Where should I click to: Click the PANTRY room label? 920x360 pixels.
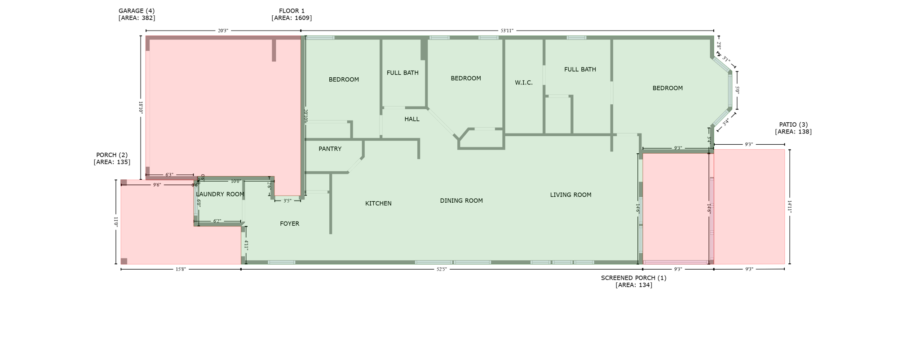(x=330, y=149)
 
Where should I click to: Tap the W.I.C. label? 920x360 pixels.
(x=524, y=83)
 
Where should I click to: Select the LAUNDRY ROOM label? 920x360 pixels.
(x=220, y=194)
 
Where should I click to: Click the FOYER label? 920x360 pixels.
(x=289, y=223)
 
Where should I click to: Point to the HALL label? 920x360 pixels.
(x=411, y=119)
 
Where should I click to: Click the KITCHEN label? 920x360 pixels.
(x=378, y=204)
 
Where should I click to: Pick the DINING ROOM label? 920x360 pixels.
(x=461, y=201)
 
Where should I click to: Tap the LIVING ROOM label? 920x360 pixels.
(x=571, y=195)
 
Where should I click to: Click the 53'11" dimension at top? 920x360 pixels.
(x=507, y=31)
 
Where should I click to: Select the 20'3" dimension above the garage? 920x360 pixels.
(x=223, y=31)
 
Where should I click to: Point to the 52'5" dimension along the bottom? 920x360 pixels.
(x=442, y=269)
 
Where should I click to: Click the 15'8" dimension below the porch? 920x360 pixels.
(x=180, y=269)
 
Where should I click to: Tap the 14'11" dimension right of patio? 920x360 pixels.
(x=790, y=206)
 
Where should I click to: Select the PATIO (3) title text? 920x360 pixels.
(x=793, y=124)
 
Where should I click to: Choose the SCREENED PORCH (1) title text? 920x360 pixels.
(x=633, y=278)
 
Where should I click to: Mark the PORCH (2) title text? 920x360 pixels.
(x=112, y=155)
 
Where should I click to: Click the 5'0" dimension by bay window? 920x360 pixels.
(x=737, y=90)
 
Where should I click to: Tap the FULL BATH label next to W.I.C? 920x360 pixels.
(x=580, y=69)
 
